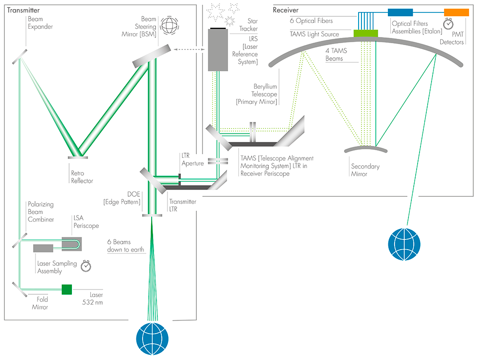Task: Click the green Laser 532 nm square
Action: pos(67,289)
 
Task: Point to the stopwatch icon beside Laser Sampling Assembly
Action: pos(86,265)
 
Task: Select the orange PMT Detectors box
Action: pos(456,12)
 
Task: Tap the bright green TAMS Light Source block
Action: pos(366,33)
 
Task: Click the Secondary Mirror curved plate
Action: pos(366,148)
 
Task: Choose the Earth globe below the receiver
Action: pos(404,243)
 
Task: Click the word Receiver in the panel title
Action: pos(286,10)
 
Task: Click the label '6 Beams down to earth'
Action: pos(126,246)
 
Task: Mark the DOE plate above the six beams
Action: pos(152,215)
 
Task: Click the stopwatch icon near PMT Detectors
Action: pos(448,23)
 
